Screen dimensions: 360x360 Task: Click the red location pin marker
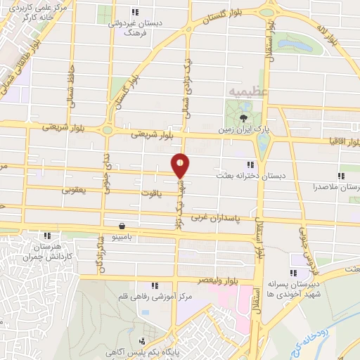[x=181, y=165]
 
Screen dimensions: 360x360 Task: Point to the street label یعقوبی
[x=75, y=190]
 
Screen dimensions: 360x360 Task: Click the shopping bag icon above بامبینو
[x=123, y=226]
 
